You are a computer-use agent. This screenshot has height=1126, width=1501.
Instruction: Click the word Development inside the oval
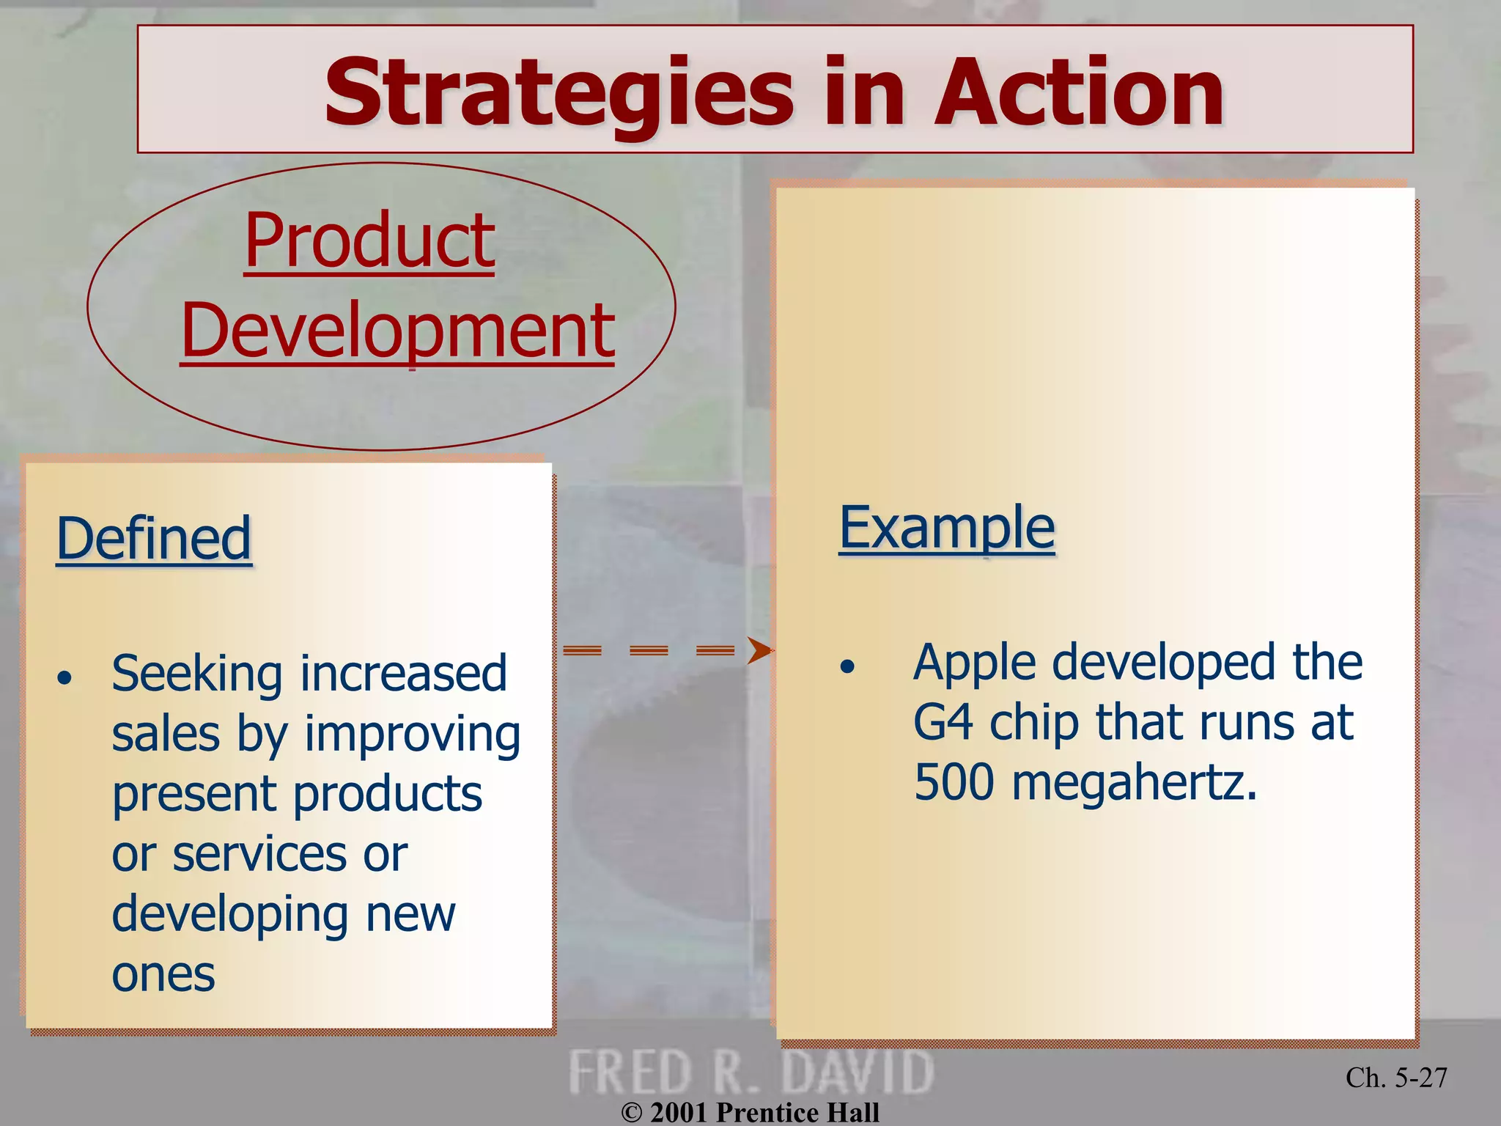click(397, 331)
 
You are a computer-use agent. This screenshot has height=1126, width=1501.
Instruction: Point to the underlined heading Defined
click(154, 539)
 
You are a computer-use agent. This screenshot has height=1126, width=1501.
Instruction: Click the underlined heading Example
click(946, 528)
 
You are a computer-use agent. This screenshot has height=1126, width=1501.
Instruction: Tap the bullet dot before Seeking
click(65, 678)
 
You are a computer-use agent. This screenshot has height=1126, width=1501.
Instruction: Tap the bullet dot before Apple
click(847, 666)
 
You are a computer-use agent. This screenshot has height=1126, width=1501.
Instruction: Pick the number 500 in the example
click(954, 783)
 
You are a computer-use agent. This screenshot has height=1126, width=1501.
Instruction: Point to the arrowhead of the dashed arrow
click(760, 650)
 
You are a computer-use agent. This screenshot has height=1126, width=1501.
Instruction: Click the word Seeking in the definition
click(196, 675)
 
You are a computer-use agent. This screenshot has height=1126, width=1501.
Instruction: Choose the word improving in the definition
click(413, 735)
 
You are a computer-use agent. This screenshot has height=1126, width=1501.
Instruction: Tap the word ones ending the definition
click(163, 975)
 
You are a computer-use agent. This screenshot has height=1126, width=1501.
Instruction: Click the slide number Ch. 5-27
click(1395, 1077)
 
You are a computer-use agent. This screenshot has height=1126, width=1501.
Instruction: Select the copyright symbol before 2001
click(631, 1113)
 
